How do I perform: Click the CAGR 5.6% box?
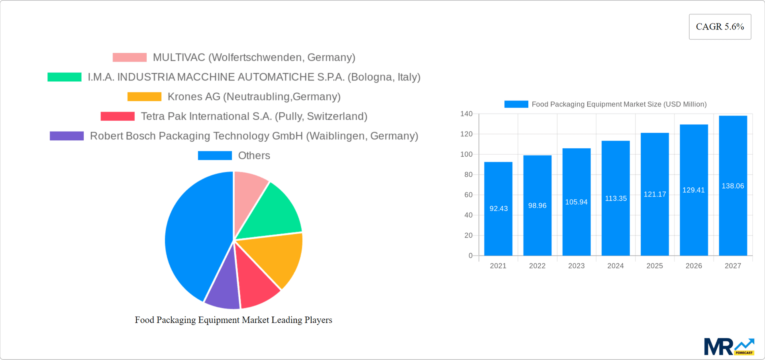[720, 27]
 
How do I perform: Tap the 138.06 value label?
[733, 186]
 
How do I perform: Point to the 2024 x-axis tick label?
[615, 266]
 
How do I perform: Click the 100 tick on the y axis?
[466, 154]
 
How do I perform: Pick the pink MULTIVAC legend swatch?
[129, 57]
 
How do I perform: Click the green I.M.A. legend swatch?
[65, 77]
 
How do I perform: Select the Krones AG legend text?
[254, 96]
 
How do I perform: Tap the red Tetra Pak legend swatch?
[118, 116]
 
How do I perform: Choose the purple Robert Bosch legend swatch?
[67, 136]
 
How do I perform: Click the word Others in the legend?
[254, 155]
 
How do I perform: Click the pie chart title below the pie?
[233, 320]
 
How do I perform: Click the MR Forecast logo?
[729, 347]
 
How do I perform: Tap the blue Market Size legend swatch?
[516, 104]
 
